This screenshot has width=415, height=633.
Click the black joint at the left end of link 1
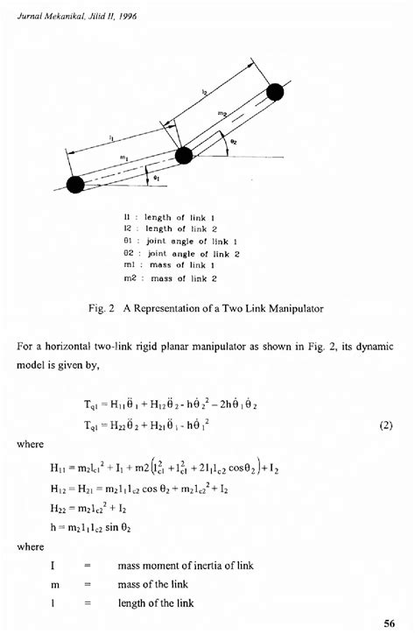[x=75, y=184]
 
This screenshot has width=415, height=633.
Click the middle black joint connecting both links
[x=184, y=156]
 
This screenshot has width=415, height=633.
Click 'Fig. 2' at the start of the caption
[x=102, y=308]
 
